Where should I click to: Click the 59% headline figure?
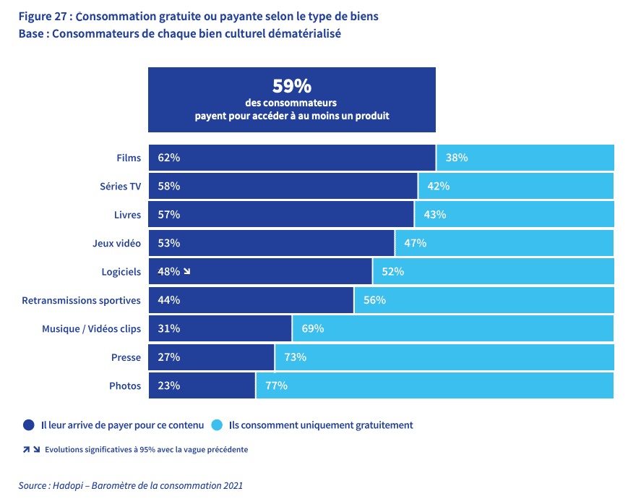click(x=291, y=87)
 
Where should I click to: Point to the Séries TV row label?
click(x=120, y=186)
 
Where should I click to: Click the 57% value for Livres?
click(x=168, y=215)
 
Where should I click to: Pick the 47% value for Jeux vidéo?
click(x=415, y=243)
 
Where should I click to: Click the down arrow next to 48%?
click(x=186, y=272)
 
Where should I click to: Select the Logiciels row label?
click(x=121, y=272)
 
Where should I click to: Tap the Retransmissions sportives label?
click(x=81, y=300)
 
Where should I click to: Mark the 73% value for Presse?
click(x=295, y=357)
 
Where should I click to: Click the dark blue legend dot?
click(x=29, y=425)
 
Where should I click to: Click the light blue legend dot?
click(x=217, y=425)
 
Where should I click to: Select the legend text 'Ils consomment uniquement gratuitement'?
click(x=321, y=425)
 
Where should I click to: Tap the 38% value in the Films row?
click(x=457, y=158)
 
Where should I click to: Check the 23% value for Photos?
click(x=168, y=385)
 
